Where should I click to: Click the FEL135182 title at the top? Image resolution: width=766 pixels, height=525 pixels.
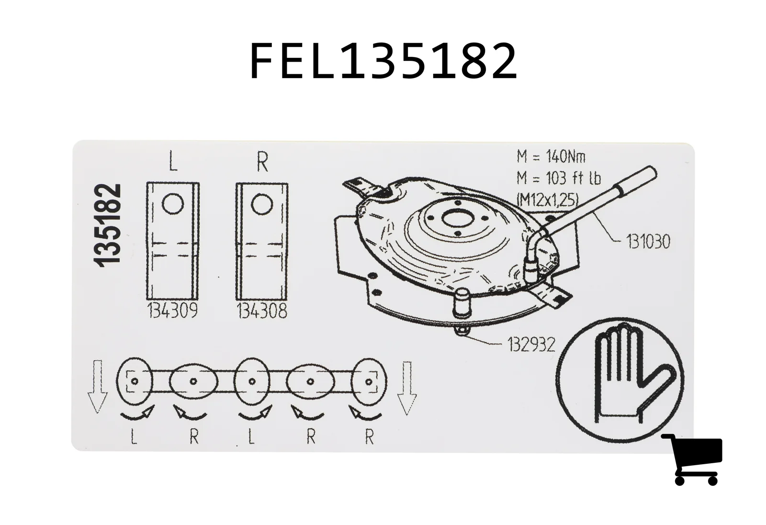click(x=383, y=61)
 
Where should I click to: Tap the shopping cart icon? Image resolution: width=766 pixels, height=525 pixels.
click(x=692, y=459)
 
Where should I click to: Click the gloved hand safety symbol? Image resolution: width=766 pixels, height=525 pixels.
click(x=620, y=379)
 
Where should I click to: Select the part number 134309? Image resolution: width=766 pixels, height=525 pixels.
click(x=172, y=311)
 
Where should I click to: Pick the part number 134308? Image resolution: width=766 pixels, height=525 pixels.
click(x=262, y=311)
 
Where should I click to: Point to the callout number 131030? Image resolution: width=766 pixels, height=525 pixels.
click(x=648, y=242)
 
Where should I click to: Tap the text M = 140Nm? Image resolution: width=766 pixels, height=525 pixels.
click(x=551, y=157)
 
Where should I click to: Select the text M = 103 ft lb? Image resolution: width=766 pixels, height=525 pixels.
click(x=558, y=178)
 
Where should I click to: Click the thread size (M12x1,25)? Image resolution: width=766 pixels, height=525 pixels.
click(x=547, y=200)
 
